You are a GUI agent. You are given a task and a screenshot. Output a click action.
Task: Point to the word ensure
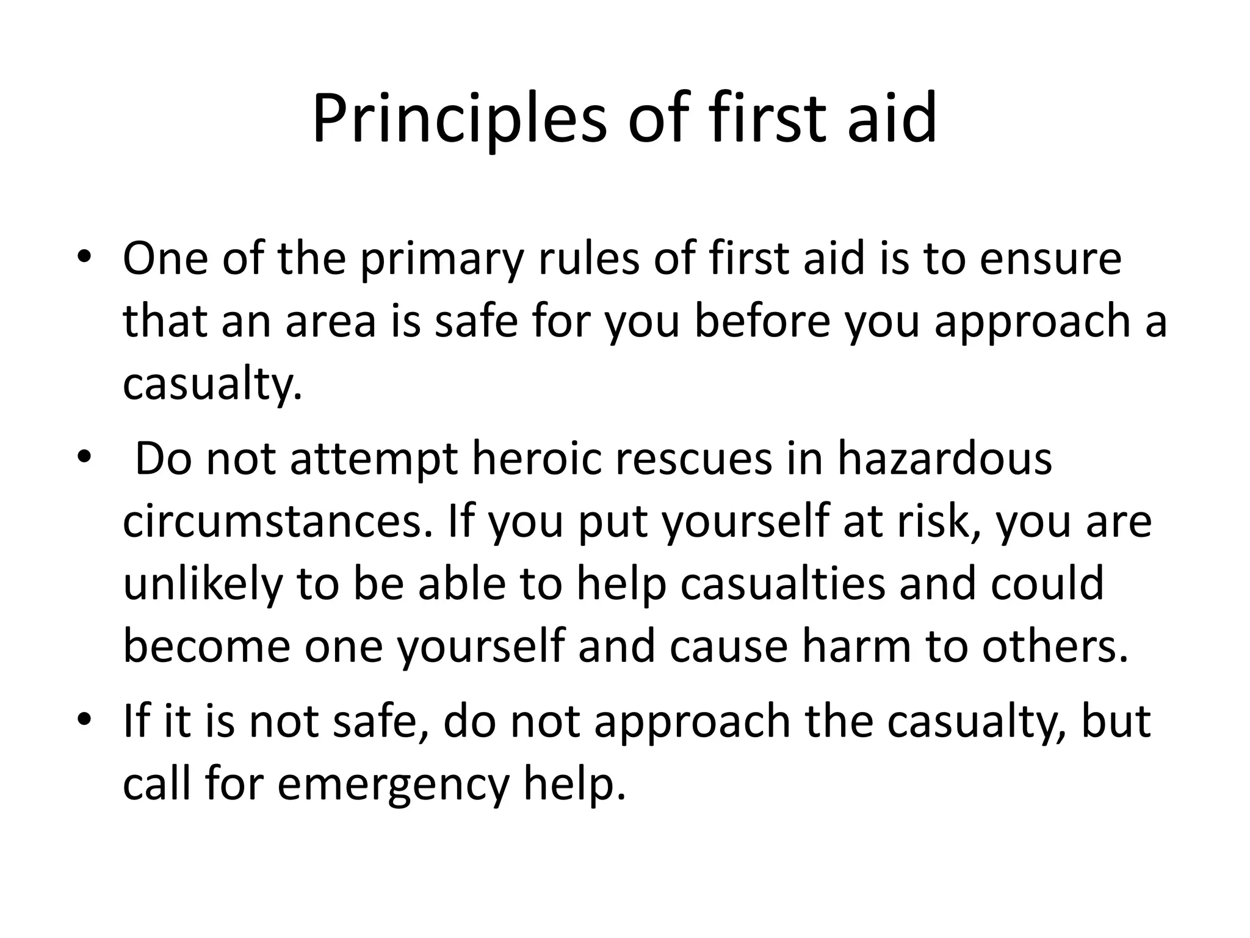(1050, 259)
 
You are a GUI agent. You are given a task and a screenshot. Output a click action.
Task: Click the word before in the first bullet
(762, 322)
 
